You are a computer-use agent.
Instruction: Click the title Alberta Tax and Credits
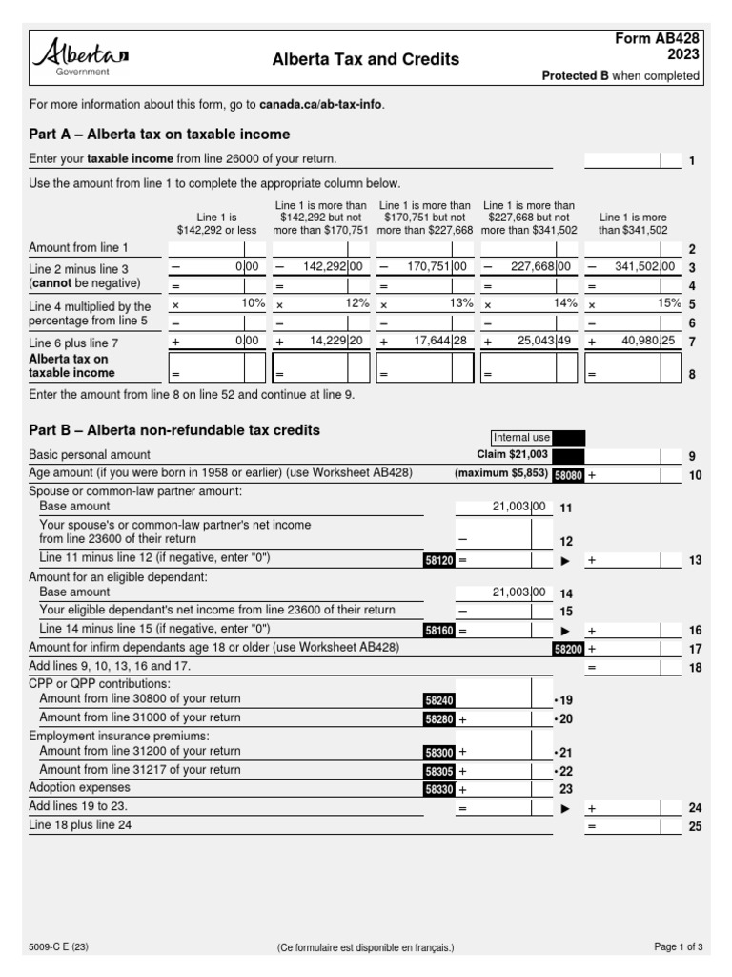[x=366, y=59]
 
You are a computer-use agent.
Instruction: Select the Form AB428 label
[x=660, y=38]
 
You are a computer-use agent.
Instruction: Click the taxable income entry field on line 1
[x=622, y=160]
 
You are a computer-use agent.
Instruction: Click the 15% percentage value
[x=669, y=303]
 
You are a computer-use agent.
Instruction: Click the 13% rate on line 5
[x=460, y=303]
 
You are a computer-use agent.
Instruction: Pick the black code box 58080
[x=568, y=474]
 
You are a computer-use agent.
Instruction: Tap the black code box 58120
[x=439, y=560]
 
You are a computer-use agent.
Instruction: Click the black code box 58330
[x=439, y=789]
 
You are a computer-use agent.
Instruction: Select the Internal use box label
[x=520, y=438]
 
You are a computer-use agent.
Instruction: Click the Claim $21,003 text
[x=512, y=455]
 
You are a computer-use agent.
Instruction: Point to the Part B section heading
[x=174, y=430]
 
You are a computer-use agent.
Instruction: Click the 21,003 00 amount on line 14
[x=519, y=592]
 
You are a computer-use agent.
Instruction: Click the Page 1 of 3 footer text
[x=678, y=947]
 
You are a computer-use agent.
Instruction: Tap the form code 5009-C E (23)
[x=59, y=947]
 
